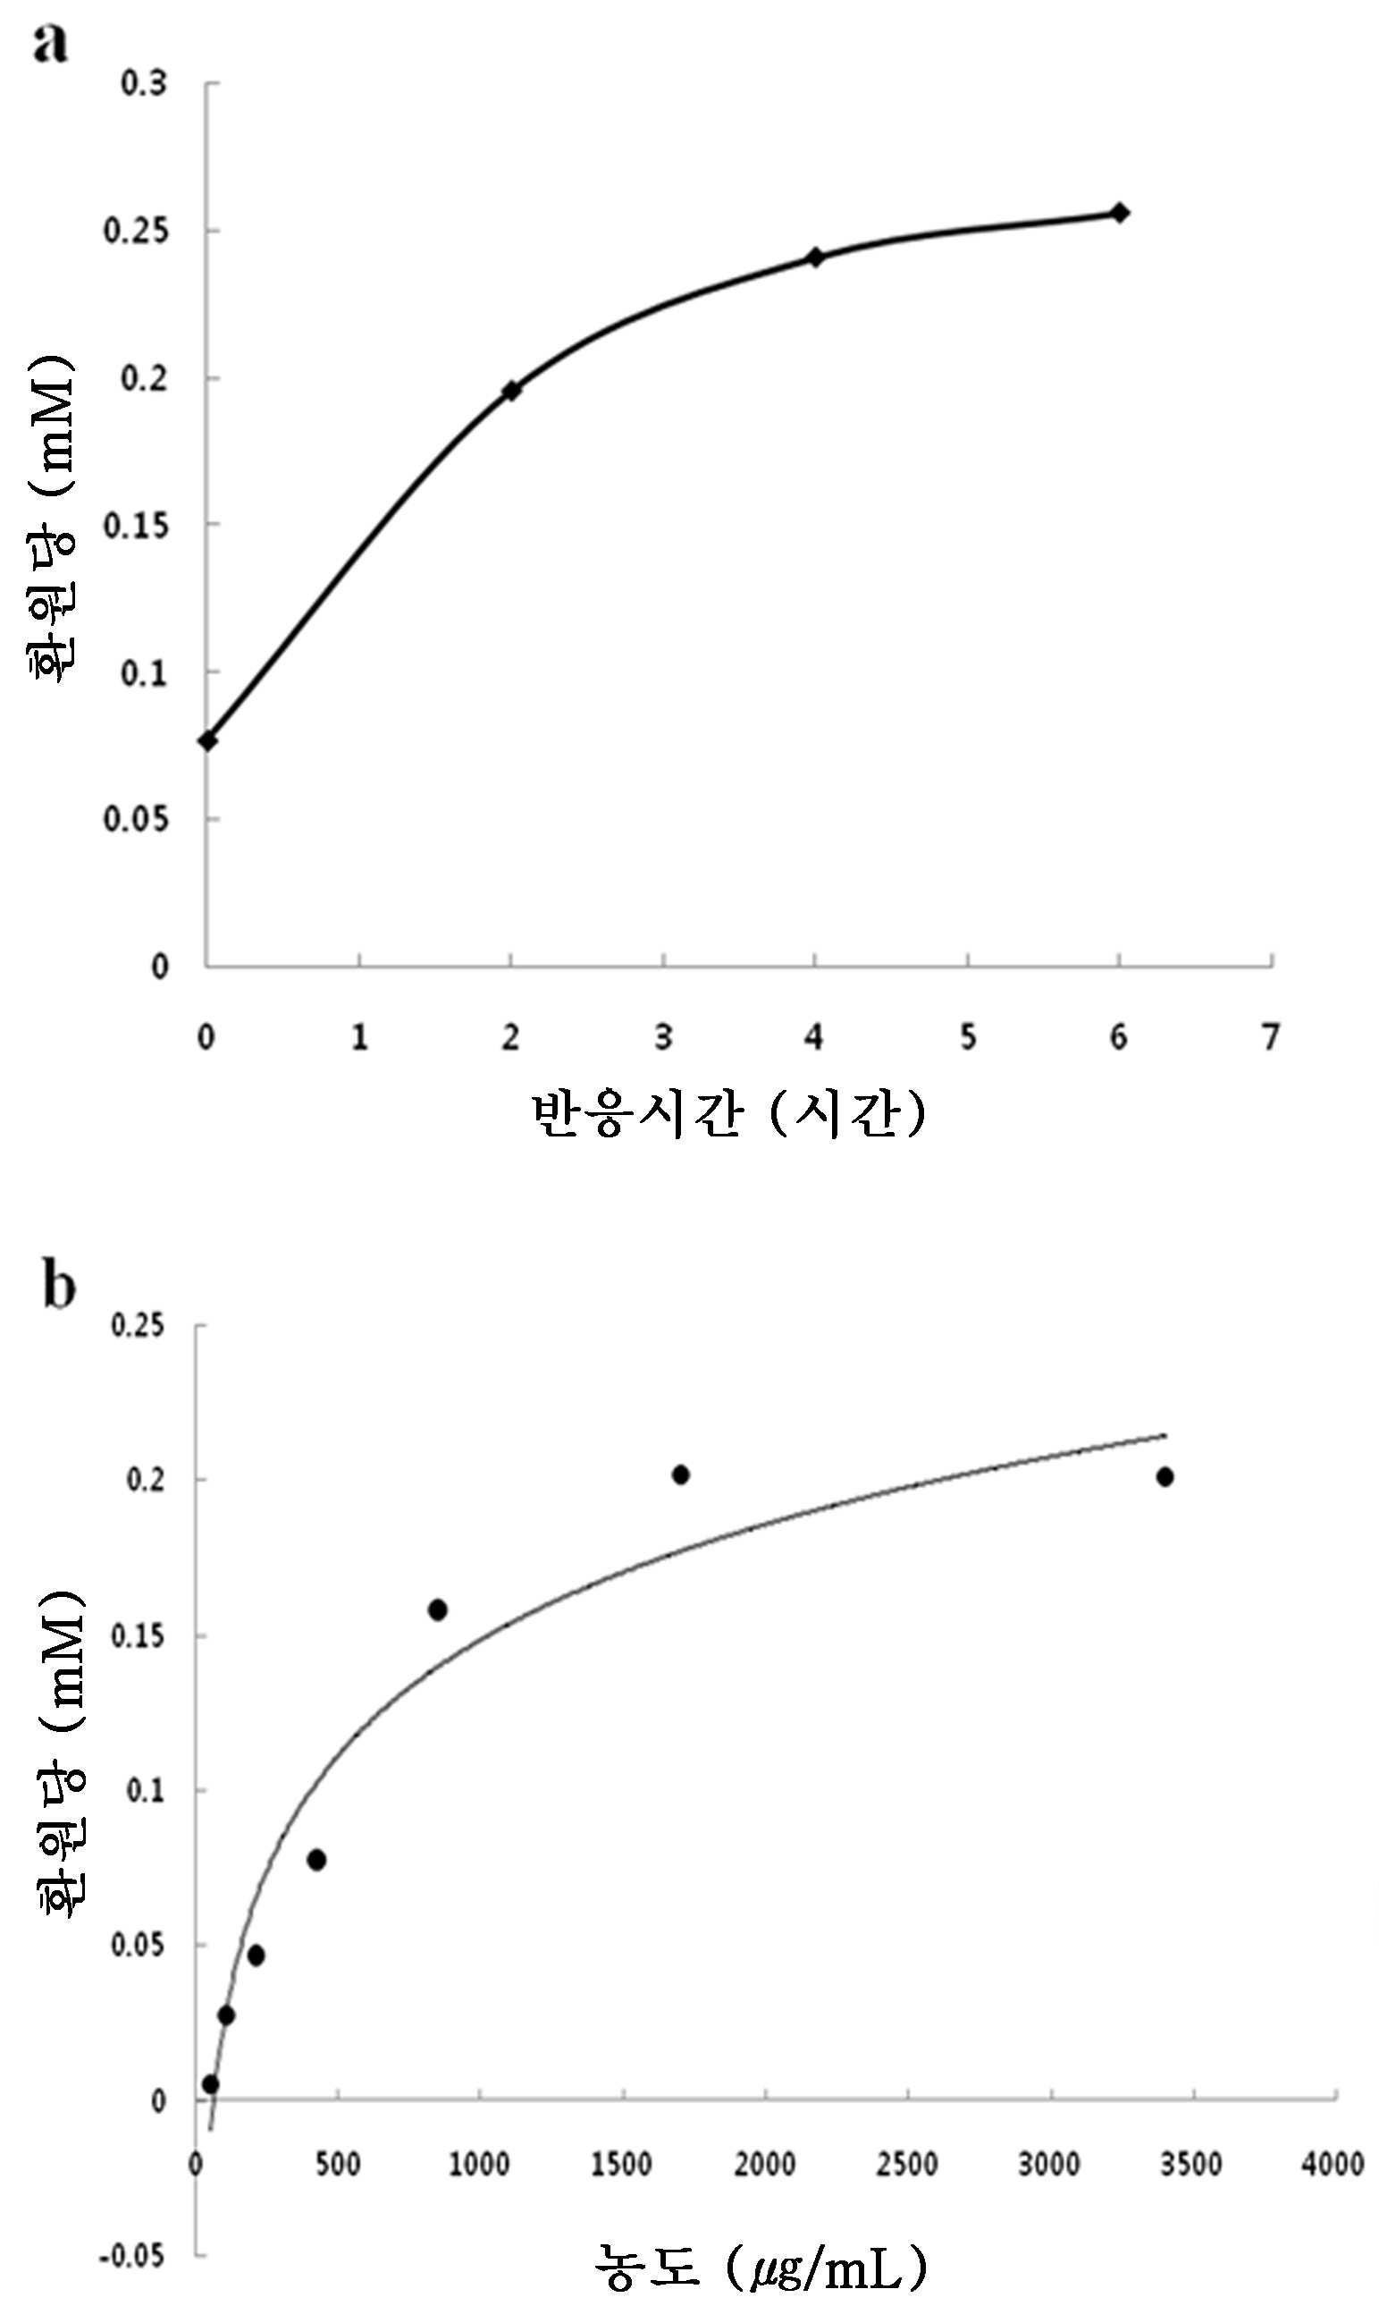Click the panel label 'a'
(50, 44)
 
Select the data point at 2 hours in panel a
(511, 391)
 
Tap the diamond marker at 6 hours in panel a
(1120, 213)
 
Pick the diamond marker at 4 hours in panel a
(815, 258)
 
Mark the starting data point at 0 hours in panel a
(207, 741)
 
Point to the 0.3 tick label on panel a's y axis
(144, 83)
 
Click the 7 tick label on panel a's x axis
(1270, 1036)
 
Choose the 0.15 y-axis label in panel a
(135, 525)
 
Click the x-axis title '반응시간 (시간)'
(729, 1113)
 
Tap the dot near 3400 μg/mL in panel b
(1165, 1477)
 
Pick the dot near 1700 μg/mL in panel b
(681, 1474)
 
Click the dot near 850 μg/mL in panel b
(438, 1610)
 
